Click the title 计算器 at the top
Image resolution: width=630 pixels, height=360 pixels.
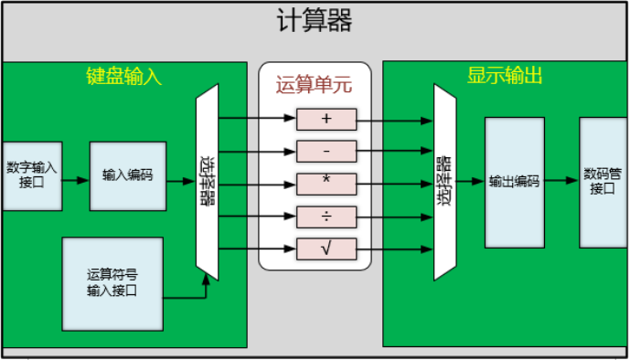[314, 21]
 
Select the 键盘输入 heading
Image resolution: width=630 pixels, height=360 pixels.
[118, 77]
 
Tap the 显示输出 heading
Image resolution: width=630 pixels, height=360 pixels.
[505, 77]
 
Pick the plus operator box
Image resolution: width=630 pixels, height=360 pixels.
[326, 119]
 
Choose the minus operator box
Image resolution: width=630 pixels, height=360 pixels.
[326, 151]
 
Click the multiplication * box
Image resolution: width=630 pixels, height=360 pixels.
[326, 183]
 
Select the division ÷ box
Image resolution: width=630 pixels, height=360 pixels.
[326, 216]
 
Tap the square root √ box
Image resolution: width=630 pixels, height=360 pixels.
[326, 248]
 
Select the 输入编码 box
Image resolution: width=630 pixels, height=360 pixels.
[127, 175]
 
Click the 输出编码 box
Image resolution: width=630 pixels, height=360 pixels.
[514, 182]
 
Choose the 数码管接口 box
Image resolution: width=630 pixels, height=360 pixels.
[603, 182]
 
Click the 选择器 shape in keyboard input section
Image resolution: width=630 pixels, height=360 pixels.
[208, 183]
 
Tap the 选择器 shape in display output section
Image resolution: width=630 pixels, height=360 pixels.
[444, 183]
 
